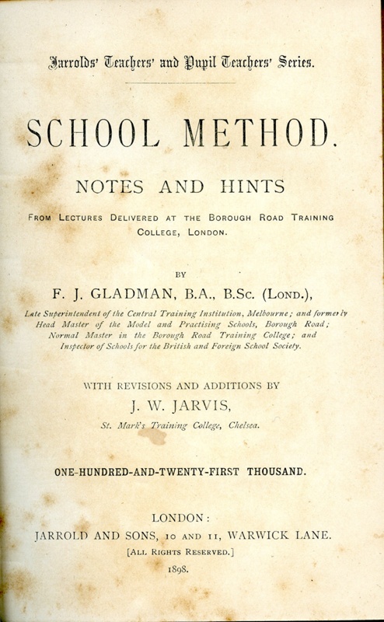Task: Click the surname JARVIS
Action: pyautogui.click(x=217, y=405)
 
